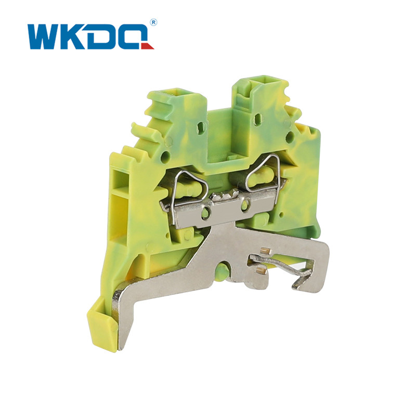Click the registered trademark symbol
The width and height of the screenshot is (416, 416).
point(153,22)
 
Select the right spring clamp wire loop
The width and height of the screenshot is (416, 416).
point(263,172)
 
